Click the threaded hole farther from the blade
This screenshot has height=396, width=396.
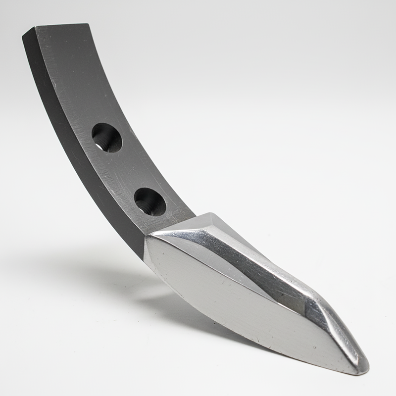106,137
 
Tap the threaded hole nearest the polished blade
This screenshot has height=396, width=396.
149,201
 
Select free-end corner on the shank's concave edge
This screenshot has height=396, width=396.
89,24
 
